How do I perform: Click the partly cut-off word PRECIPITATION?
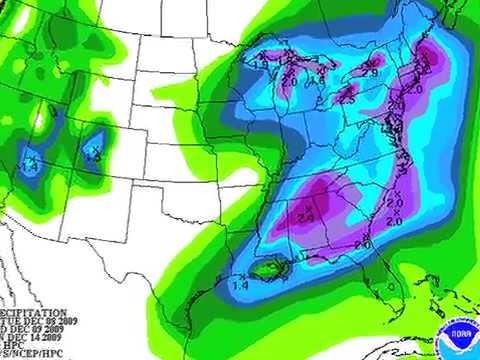(34, 312)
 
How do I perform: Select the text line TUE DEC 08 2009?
(40, 321)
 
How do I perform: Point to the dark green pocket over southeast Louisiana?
(267, 268)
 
